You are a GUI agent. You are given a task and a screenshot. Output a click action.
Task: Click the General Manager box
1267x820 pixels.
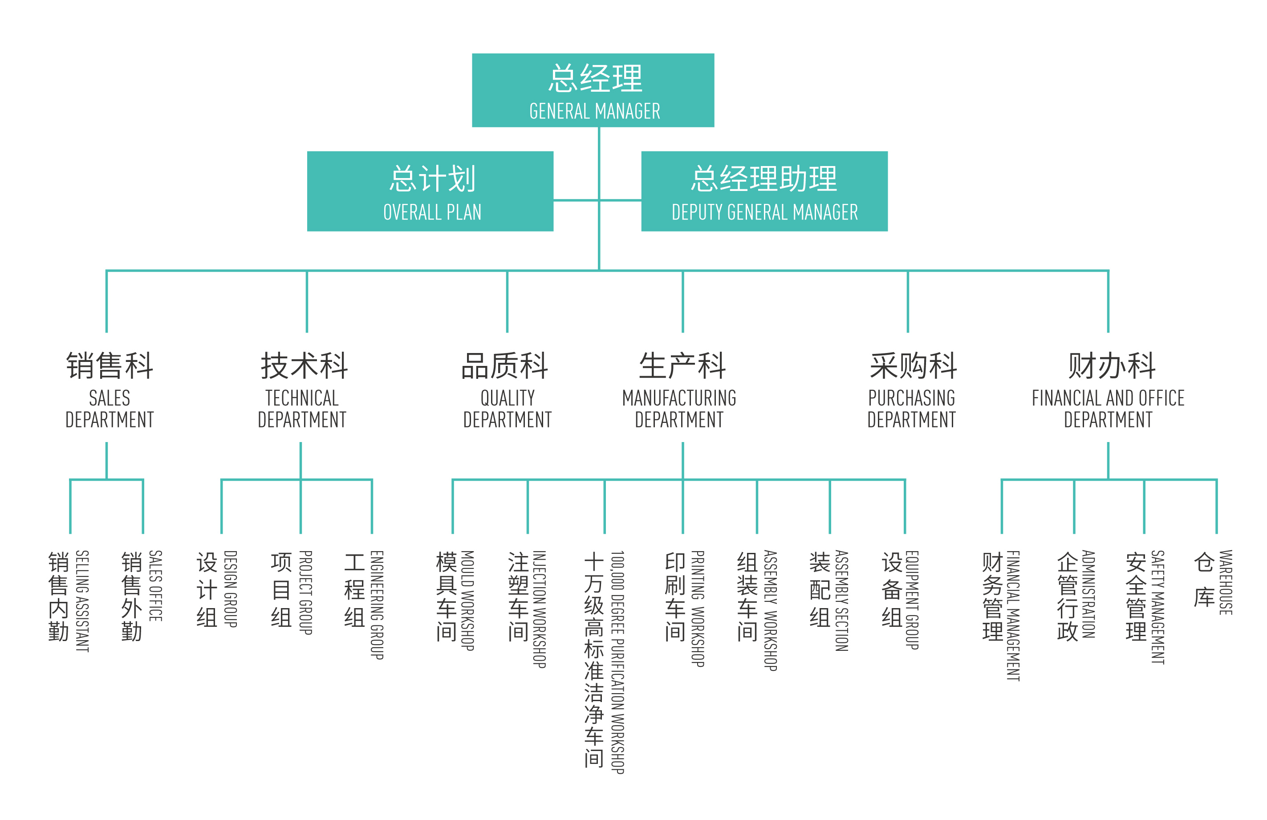(593, 90)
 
